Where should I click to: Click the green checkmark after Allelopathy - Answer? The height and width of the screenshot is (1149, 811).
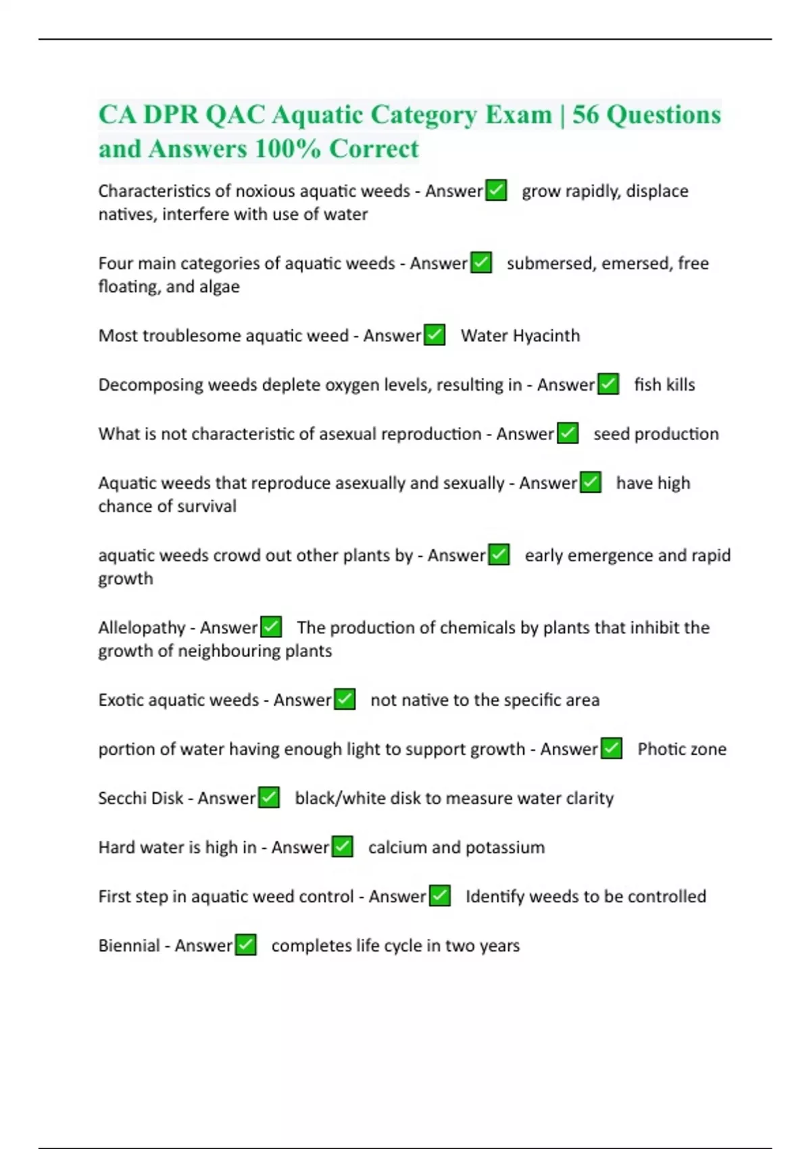click(x=271, y=627)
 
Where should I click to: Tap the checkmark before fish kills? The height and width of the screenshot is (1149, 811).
click(x=608, y=385)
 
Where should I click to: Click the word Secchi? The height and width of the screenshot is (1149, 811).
click(x=120, y=798)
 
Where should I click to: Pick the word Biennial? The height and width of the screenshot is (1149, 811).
click(x=129, y=946)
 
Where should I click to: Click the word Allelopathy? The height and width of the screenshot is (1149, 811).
click(x=141, y=628)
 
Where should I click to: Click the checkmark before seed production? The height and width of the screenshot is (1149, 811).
click(x=568, y=433)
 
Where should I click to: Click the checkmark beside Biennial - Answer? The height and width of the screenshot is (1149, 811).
click(x=246, y=945)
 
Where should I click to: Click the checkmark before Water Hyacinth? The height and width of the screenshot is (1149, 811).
click(x=435, y=335)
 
